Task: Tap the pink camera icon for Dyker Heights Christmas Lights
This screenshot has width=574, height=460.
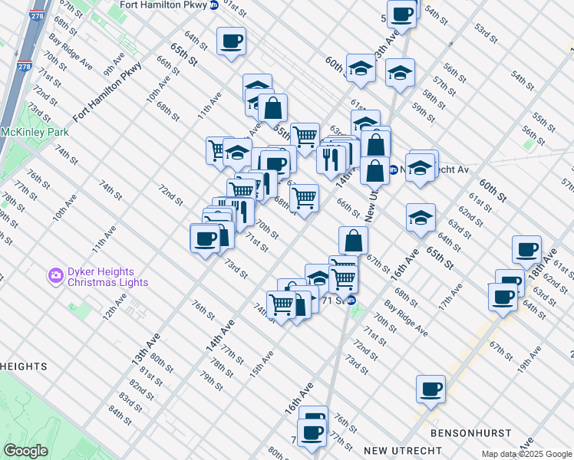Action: (55, 274)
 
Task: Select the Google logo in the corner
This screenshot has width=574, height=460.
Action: (26, 451)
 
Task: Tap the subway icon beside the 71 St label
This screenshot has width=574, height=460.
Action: (352, 300)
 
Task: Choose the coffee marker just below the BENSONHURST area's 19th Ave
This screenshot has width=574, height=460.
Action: (430, 389)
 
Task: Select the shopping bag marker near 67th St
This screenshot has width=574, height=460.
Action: (353, 240)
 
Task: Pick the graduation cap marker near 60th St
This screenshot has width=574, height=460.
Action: (360, 68)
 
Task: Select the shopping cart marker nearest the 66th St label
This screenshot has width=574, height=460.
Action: (305, 196)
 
